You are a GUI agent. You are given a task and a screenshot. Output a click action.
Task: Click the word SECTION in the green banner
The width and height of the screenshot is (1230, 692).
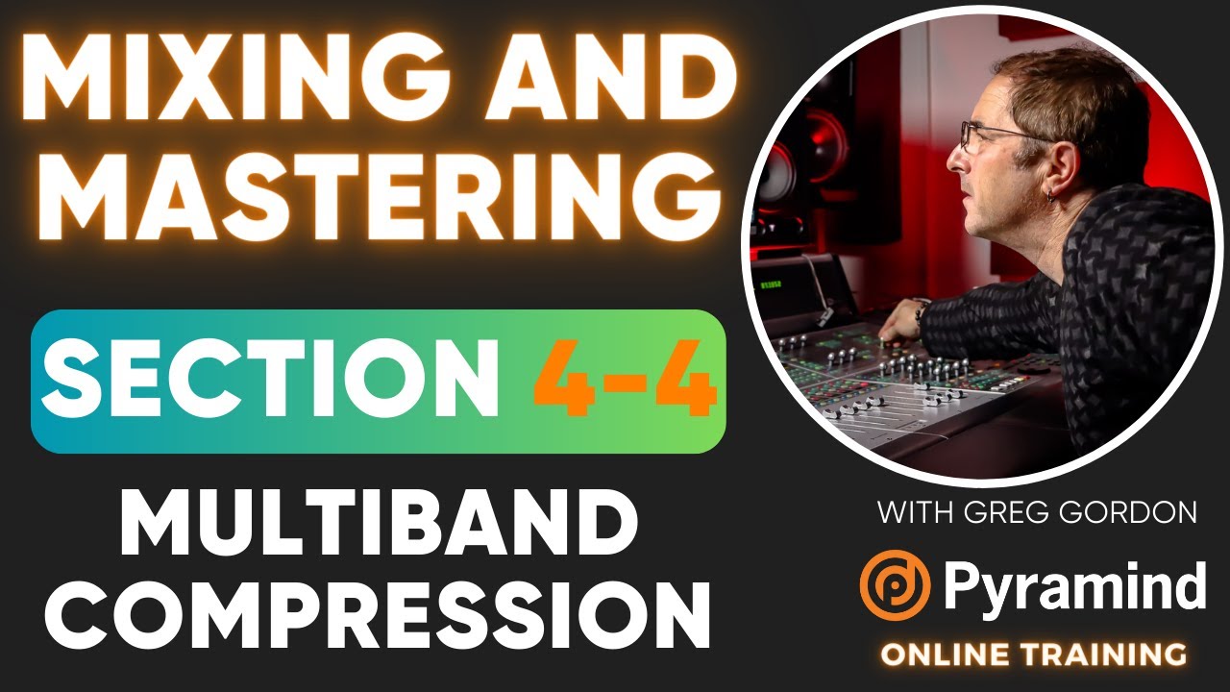pos(274,382)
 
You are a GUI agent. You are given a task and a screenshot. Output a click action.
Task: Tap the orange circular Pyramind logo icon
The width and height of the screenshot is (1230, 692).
pos(895,584)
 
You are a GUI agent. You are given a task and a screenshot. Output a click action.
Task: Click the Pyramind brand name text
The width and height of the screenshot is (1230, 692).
pos(1074,585)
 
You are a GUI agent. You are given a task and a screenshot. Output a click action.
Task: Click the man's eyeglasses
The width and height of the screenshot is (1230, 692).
pos(990,137)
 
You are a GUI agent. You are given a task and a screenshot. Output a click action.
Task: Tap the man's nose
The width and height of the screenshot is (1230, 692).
pos(954,161)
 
